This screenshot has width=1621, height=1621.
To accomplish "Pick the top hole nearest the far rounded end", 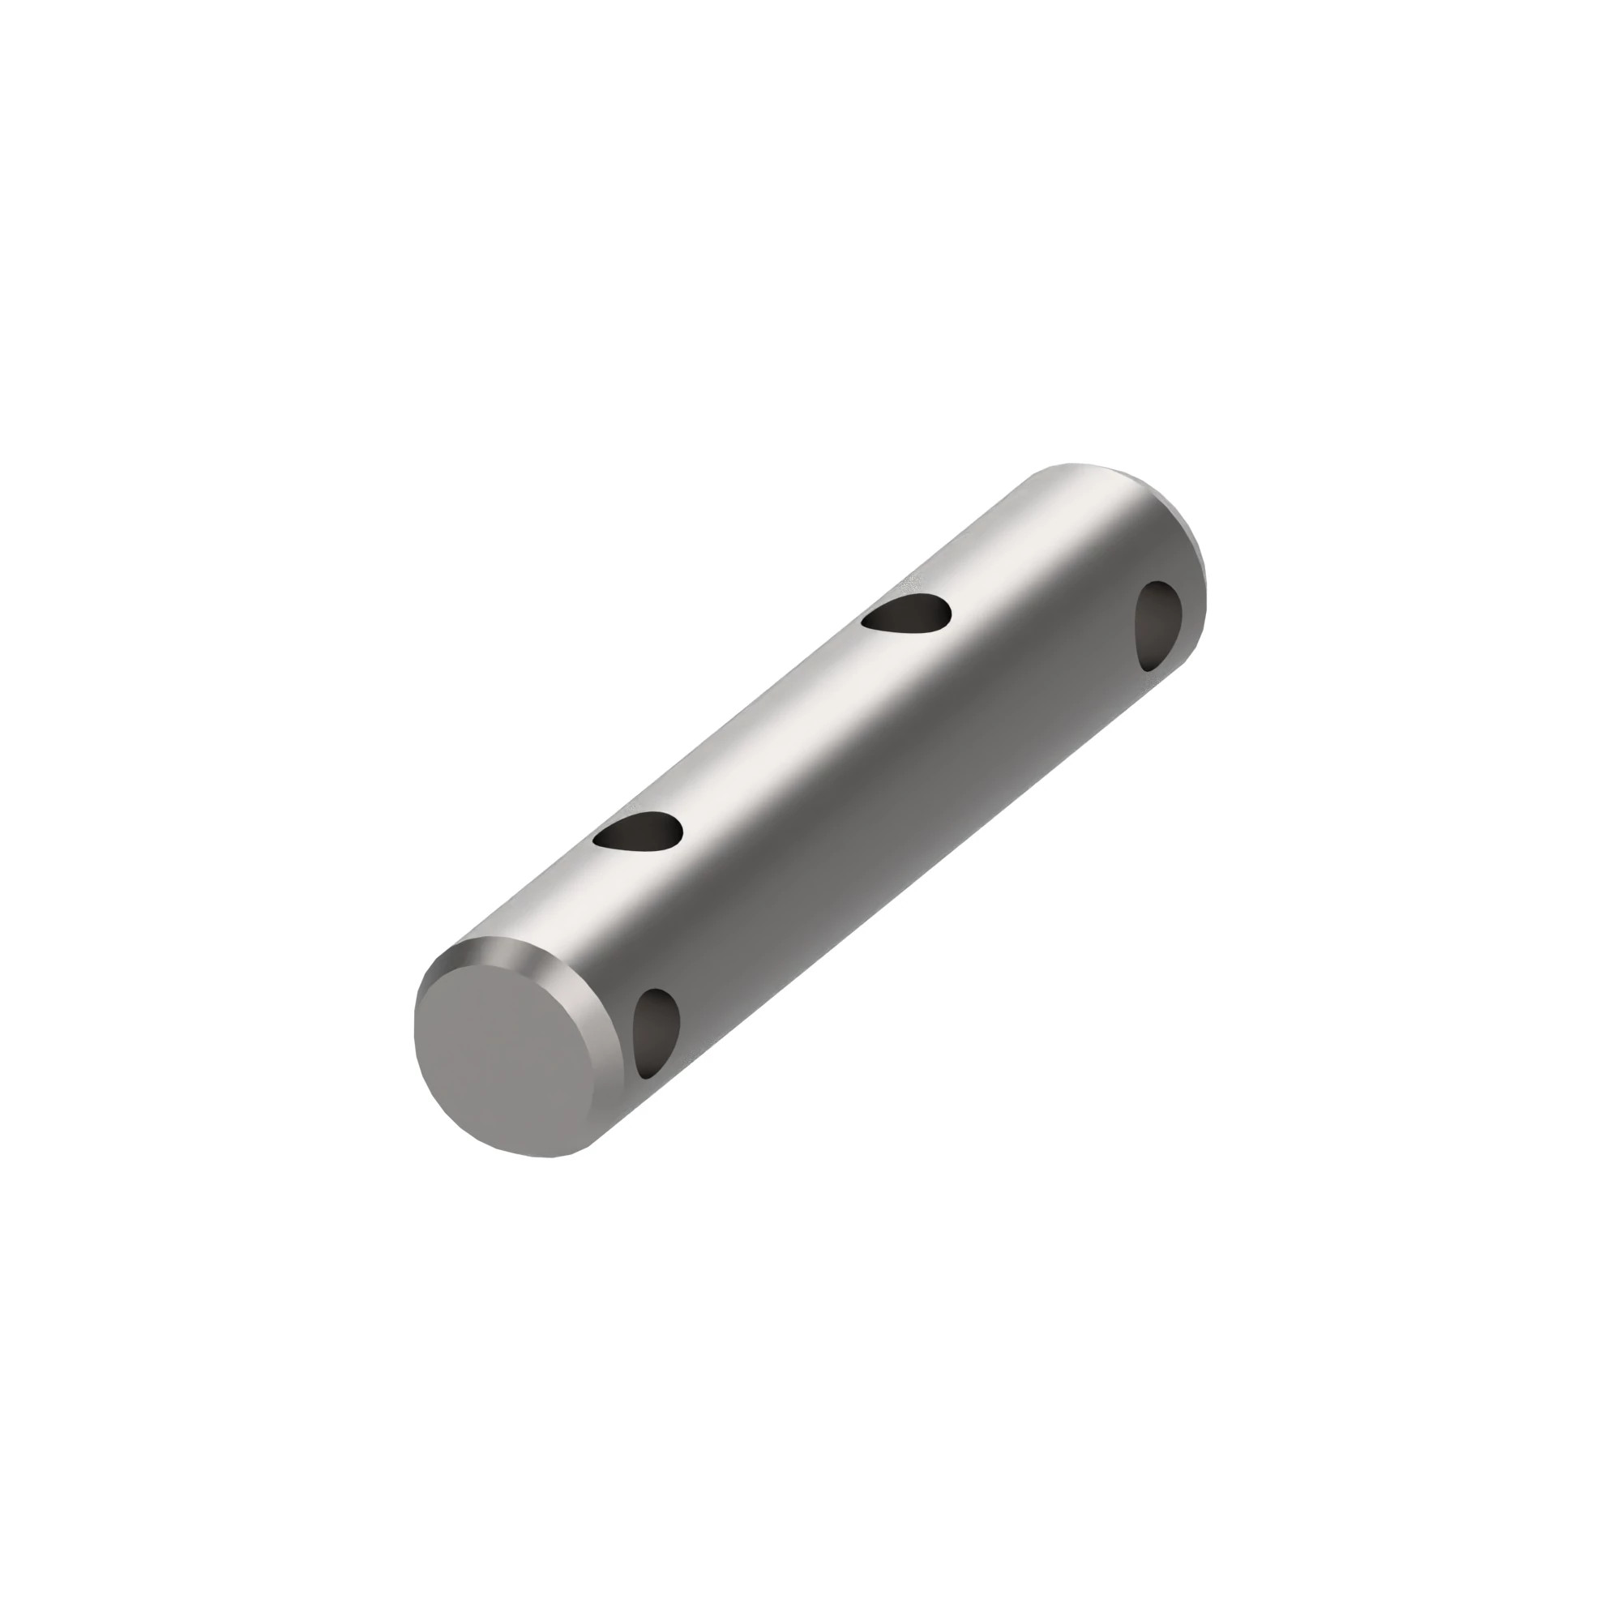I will (908, 614).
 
